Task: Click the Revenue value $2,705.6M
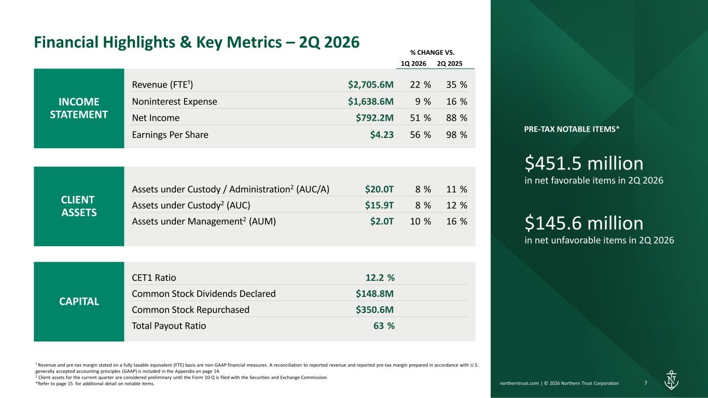(x=371, y=84)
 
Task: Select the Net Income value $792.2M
(x=374, y=118)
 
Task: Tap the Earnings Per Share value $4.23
(x=382, y=135)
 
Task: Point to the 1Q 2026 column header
(x=413, y=64)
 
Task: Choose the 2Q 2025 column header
(x=450, y=64)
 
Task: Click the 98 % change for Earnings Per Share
(x=456, y=135)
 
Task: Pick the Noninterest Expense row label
(x=174, y=102)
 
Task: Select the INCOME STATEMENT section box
(x=79, y=108)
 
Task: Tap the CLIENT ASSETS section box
(x=79, y=206)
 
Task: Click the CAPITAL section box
(x=79, y=302)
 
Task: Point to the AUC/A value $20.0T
(x=379, y=189)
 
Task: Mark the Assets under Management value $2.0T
(x=382, y=221)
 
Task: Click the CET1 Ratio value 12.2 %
(x=380, y=278)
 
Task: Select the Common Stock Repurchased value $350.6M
(x=374, y=309)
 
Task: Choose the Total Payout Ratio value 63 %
(x=384, y=325)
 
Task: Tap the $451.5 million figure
(x=584, y=163)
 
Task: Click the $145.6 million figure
(x=584, y=223)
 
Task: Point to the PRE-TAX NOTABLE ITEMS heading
(x=572, y=129)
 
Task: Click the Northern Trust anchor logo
(x=671, y=380)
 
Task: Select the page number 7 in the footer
(x=646, y=383)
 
